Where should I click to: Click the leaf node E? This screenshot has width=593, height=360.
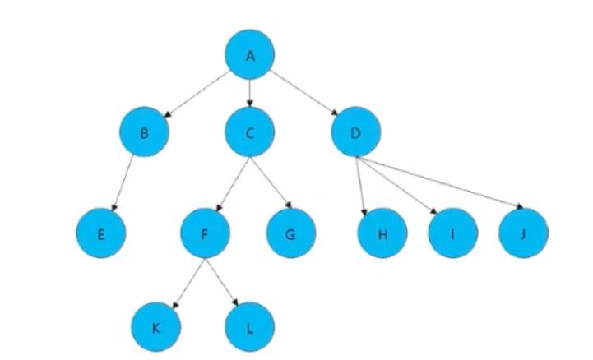point(101,233)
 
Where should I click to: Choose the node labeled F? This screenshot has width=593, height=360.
point(205,233)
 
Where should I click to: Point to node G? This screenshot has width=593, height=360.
point(290,233)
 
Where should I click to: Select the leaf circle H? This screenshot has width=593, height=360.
point(381,233)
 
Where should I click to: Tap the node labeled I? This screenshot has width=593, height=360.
point(452,233)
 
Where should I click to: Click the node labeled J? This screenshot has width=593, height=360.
point(522,233)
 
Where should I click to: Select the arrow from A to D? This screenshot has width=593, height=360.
point(303,94)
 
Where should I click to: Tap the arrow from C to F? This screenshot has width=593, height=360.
point(228,182)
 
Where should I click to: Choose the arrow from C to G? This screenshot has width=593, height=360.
point(269,182)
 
